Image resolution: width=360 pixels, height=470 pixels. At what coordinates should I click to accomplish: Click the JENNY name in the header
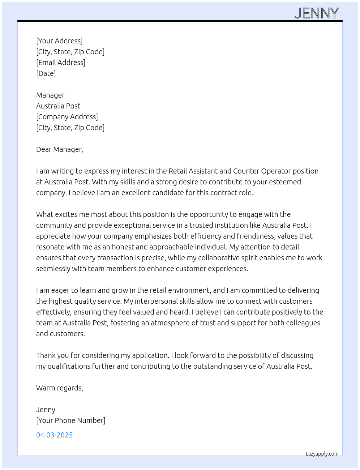click(317, 13)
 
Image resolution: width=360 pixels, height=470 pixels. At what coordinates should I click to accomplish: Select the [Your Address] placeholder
click(59, 41)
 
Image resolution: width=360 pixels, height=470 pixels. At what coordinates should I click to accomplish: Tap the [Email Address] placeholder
click(61, 63)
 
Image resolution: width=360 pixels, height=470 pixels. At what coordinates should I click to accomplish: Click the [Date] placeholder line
click(46, 73)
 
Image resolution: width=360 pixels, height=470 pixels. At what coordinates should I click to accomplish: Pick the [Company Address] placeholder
click(67, 117)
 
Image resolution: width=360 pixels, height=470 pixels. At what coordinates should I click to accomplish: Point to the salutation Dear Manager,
click(60, 149)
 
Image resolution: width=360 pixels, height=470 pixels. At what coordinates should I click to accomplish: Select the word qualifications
click(69, 366)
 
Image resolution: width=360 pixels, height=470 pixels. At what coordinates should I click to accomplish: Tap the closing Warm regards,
click(60, 388)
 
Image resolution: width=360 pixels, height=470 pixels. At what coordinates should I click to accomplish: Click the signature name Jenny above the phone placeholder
click(46, 410)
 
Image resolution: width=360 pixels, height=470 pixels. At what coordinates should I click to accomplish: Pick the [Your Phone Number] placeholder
click(71, 420)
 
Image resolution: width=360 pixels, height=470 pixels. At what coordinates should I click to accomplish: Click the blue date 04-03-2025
click(54, 435)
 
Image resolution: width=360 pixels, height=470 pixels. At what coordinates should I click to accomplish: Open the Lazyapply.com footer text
click(322, 454)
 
